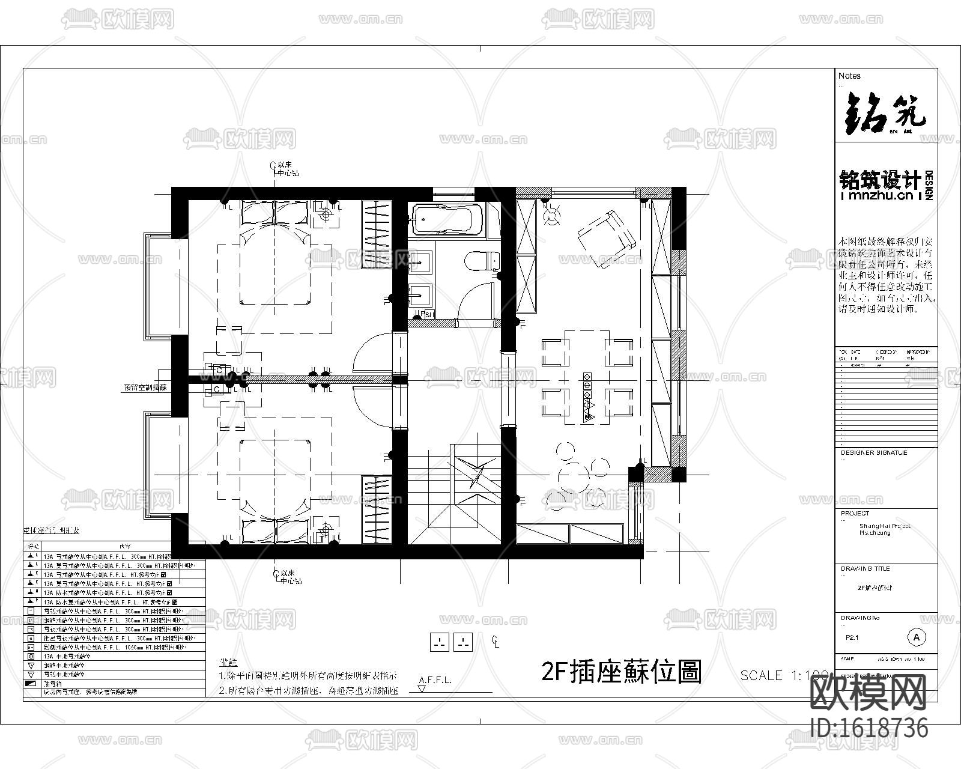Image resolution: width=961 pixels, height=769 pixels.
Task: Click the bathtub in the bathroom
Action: pos(446,219)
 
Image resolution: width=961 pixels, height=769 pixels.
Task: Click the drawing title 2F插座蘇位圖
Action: pos(622,671)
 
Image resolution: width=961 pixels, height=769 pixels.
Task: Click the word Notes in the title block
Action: pos(849,76)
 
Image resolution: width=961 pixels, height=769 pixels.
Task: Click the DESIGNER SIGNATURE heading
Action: pos(874,453)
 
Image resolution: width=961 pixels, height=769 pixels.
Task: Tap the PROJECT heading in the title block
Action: pos(855,514)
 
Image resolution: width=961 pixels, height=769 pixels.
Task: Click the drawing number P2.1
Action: pos(852,638)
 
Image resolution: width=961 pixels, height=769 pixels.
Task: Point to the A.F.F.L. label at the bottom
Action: pos(435,681)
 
